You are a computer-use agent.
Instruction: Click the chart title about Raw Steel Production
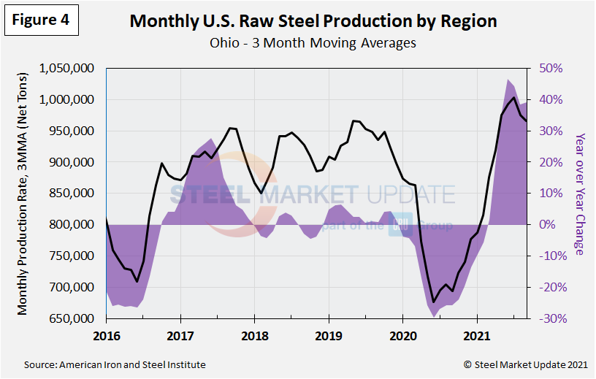(x=313, y=20)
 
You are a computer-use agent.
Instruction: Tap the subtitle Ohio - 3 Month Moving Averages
(x=313, y=43)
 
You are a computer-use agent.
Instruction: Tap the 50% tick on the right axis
(x=552, y=69)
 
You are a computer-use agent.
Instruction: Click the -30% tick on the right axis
(x=554, y=319)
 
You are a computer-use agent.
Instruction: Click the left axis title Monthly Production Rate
(x=23, y=194)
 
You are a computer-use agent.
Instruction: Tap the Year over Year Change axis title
(x=580, y=194)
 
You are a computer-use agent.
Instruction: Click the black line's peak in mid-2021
(x=514, y=98)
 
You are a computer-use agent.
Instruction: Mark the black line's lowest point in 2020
(x=433, y=302)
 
